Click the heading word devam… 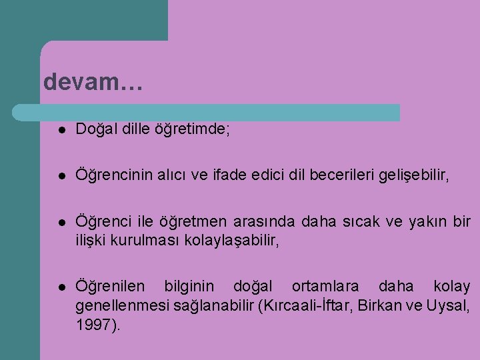pos(92,82)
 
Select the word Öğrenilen pos(109,287)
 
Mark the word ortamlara pos(325,287)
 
